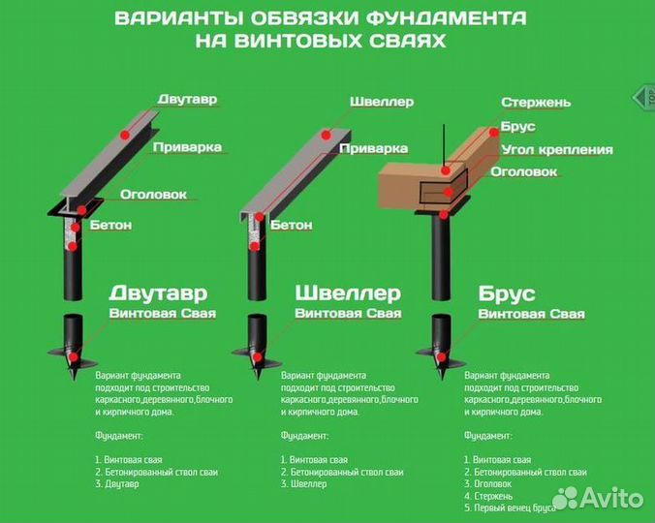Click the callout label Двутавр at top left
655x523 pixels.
(187, 100)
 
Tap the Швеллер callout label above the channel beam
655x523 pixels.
(382, 102)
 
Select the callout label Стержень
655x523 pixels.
(536, 103)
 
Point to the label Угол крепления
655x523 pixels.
(556, 150)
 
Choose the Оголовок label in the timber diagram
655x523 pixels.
(523, 171)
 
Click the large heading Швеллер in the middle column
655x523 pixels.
(347, 293)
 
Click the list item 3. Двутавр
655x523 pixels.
(117, 484)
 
